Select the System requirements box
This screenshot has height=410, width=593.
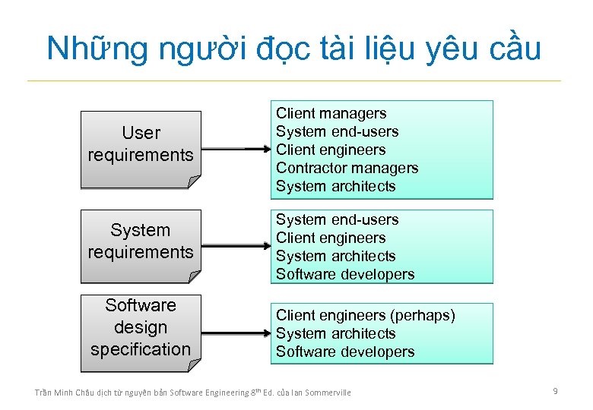click(141, 243)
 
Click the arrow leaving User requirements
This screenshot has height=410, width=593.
click(236, 150)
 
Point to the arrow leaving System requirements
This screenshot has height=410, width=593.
click(236, 247)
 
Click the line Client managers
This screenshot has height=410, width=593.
click(331, 114)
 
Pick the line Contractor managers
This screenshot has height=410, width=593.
click(347, 169)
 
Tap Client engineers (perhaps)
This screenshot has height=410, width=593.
click(365, 315)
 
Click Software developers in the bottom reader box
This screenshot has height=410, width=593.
click(345, 352)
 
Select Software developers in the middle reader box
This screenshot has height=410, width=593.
click(345, 275)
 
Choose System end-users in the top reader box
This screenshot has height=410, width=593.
click(337, 132)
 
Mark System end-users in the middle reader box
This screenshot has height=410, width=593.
click(337, 220)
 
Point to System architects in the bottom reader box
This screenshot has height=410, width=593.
click(335, 333)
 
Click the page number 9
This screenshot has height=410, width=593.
click(555, 391)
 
